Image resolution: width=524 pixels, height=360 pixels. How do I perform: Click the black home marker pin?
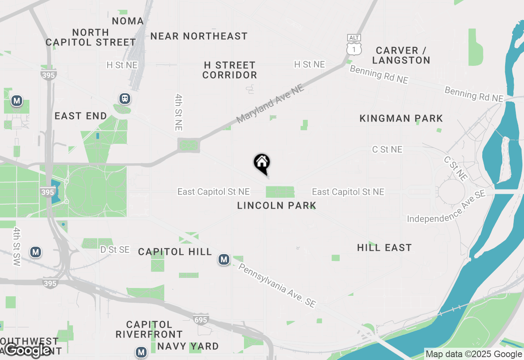click(x=262, y=164)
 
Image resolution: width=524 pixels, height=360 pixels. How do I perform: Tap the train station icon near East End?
click(x=124, y=99)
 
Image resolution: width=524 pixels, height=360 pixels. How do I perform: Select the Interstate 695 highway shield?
click(x=201, y=319)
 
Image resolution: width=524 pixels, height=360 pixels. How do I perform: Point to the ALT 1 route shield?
click(x=354, y=45)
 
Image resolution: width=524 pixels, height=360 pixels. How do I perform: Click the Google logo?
click(x=28, y=350)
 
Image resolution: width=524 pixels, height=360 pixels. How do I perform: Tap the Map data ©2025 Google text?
click(x=474, y=354)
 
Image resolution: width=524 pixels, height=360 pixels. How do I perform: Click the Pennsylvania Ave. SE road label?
click(x=277, y=286)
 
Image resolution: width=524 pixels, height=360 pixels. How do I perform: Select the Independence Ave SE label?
click(x=446, y=206)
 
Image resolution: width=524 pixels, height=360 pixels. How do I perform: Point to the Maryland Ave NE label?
click(x=271, y=103)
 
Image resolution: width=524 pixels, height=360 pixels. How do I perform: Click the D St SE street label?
click(x=115, y=250)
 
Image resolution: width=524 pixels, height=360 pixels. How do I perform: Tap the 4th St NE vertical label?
click(x=178, y=112)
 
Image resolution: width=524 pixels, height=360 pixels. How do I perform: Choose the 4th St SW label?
click(x=16, y=247)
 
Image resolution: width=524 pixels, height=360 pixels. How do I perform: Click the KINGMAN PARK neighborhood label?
click(x=401, y=119)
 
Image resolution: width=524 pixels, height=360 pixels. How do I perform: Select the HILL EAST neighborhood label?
click(x=384, y=248)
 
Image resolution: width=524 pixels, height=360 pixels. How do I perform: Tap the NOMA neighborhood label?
click(x=128, y=21)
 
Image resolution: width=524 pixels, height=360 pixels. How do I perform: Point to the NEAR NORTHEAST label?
click(x=199, y=36)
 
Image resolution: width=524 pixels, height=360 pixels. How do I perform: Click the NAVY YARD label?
click(x=188, y=346)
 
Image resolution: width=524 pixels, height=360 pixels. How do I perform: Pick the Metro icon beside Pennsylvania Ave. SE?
click(x=224, y=259)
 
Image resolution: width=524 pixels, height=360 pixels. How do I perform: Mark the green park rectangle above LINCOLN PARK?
click(x=280, y=191)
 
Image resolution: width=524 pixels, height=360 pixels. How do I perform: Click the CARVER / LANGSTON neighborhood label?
click(x=401, y=55)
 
